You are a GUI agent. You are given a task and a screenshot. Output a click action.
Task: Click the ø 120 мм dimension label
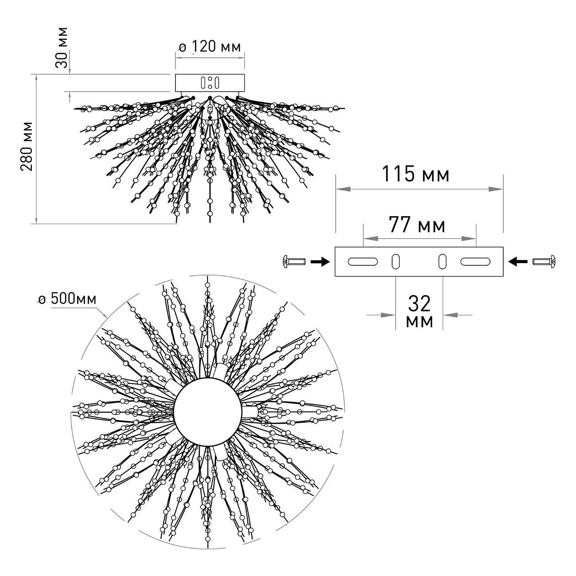point(209,47)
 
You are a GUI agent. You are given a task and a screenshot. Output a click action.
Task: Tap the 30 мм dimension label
point(62,48)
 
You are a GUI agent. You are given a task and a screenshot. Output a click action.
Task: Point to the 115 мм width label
point(416,174)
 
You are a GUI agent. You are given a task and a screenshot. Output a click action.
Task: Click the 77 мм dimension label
point(416,225)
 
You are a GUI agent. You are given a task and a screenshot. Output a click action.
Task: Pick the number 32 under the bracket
point(419,304)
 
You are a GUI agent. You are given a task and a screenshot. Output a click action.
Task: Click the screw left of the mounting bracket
point(294,262)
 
